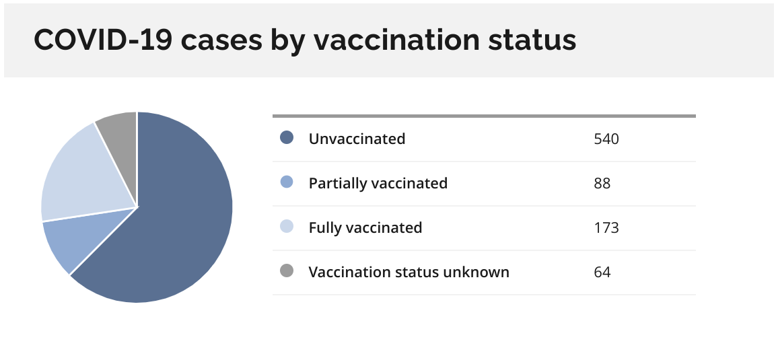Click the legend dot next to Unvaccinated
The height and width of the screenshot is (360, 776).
[x=287, y=137]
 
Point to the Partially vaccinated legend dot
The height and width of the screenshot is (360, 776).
[x=287, y=182]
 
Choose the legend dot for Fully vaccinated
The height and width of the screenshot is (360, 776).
[x=287, y=227]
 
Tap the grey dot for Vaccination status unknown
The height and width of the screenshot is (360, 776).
[x=287, y=271]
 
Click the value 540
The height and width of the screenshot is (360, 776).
[x=606, y=139]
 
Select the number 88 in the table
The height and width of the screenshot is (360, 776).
[x=602, y=184]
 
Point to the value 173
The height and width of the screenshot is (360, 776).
[x=606, y=228]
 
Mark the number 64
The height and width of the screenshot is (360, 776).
[x=602, y=273]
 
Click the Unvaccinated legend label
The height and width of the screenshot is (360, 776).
[x=357, y=139]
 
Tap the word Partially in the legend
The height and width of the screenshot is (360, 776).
[x=337, y=184]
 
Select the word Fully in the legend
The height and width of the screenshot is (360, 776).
[x=325, y=229]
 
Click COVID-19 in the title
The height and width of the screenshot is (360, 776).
[x=103, y=40]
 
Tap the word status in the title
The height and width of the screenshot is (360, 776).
[x=532, y=40]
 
